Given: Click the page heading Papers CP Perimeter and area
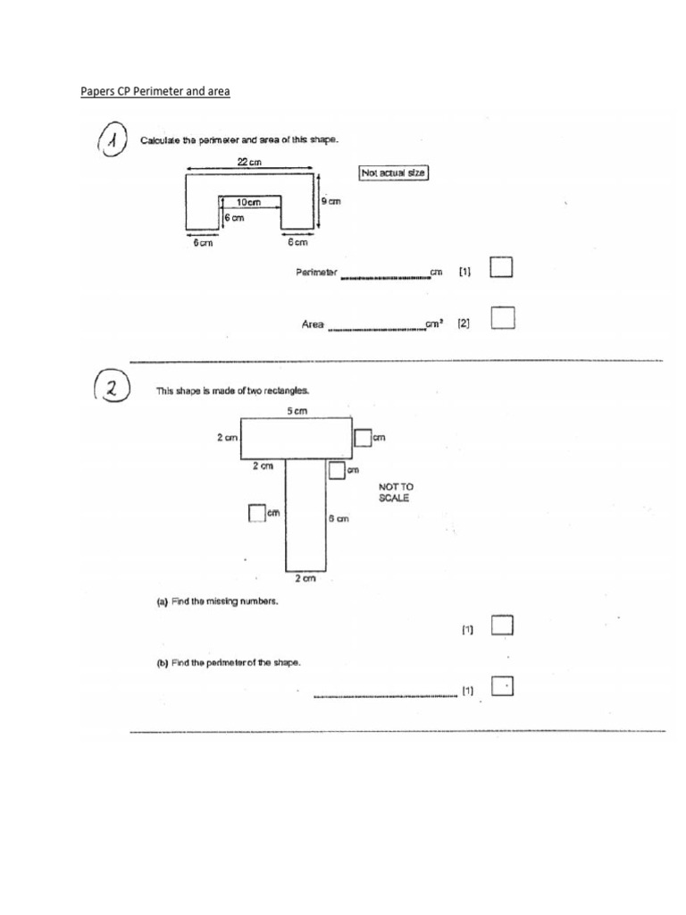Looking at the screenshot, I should point(155,91).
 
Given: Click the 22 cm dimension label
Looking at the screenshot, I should point(249,161).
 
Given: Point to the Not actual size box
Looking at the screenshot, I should point(393,172).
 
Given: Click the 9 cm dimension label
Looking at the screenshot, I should point(330,201).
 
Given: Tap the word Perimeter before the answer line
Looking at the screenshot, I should point(316,272).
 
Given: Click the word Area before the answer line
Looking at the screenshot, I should point(312,325).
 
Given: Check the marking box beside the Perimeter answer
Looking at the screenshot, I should point(502,268).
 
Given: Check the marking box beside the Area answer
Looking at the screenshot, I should point(502,317).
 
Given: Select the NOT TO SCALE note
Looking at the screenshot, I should point(397,492).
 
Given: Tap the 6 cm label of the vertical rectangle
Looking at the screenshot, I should point(338,518).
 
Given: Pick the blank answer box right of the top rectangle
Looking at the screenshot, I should point(362,437).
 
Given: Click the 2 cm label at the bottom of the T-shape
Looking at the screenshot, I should point(305,579).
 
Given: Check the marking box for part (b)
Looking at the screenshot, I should point(502,687).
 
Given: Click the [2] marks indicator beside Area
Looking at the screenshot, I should point(464,325).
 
